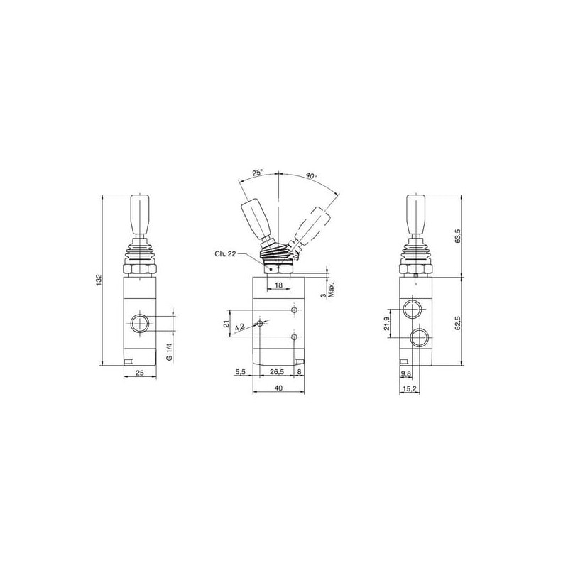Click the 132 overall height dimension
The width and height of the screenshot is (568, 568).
click(x=99, y=280)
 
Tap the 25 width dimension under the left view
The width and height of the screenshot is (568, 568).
click(x=140, y=372)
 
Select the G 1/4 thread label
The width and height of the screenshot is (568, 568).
click(x=169, y=351)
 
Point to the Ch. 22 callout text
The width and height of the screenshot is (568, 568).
click(x=225, y=253)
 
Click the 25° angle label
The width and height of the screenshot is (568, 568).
click(x=258, y=173)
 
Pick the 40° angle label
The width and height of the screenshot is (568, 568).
click(x=311, y=175)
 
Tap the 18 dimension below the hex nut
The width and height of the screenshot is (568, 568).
click(x=278, y=285)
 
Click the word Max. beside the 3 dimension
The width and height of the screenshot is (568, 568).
click(x=331, y=290)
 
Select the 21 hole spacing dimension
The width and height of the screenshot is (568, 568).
click(x=226, y=324)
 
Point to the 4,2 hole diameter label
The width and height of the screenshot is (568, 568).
click(x=240, y=327)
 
